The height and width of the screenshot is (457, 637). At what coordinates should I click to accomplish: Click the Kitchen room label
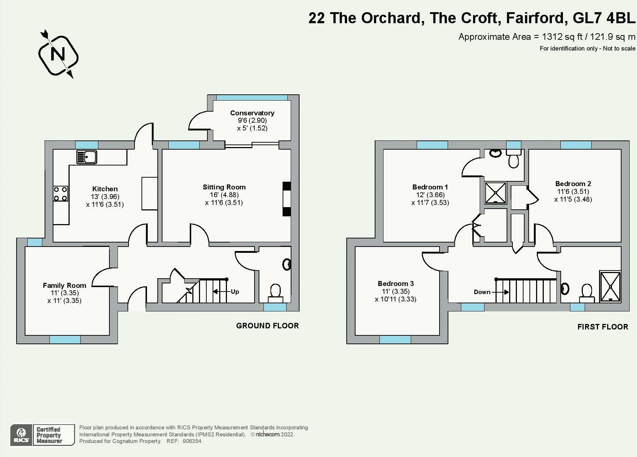point(105,189)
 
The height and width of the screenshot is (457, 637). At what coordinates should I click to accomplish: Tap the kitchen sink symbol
point(87,157)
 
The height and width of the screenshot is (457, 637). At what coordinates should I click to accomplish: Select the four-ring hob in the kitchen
point(60,193)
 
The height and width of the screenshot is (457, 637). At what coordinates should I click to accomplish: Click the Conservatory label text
point(252,113)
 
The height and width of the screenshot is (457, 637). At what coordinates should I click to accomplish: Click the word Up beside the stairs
point(235,292)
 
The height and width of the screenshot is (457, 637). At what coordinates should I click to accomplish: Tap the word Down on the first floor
point(482,292)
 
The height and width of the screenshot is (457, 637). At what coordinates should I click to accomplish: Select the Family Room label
point(64,285)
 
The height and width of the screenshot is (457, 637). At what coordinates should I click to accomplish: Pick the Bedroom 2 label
point(573,184)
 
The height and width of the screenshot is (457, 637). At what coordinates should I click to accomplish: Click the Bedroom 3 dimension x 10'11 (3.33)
point(395,299)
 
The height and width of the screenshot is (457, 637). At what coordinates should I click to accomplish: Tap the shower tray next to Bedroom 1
point(496,192)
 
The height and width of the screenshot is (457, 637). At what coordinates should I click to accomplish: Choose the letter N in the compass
point(58,54)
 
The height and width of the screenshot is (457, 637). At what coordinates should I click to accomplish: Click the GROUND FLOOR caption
point(267,326)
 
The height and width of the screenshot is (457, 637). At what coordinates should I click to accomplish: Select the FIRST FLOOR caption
point(602,327)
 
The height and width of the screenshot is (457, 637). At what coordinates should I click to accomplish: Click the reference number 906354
point(192,441)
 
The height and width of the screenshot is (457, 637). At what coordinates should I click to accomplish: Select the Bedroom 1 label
point(430,187)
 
